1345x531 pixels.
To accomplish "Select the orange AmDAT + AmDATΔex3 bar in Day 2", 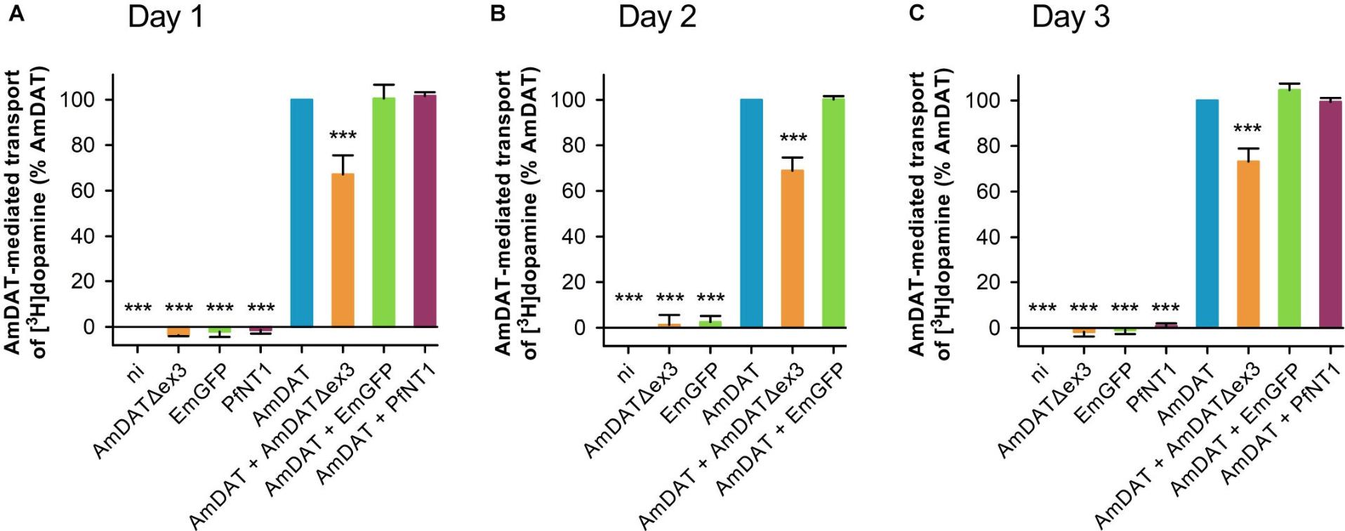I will pos(792,249).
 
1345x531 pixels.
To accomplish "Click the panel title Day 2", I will pos(656,16).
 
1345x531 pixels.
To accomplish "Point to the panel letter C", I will pos(916,13).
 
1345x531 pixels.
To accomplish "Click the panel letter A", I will pos(15,13).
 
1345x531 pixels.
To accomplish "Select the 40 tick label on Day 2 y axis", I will pos(574,237).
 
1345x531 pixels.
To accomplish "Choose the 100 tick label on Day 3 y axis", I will pos(983,100).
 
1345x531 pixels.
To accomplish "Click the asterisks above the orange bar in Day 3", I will pos(1247,129).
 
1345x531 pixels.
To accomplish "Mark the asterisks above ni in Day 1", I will pos(138,308).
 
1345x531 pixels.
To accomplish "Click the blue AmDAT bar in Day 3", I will pos(1207,214).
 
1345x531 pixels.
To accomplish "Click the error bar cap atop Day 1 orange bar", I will pos(343,155).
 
